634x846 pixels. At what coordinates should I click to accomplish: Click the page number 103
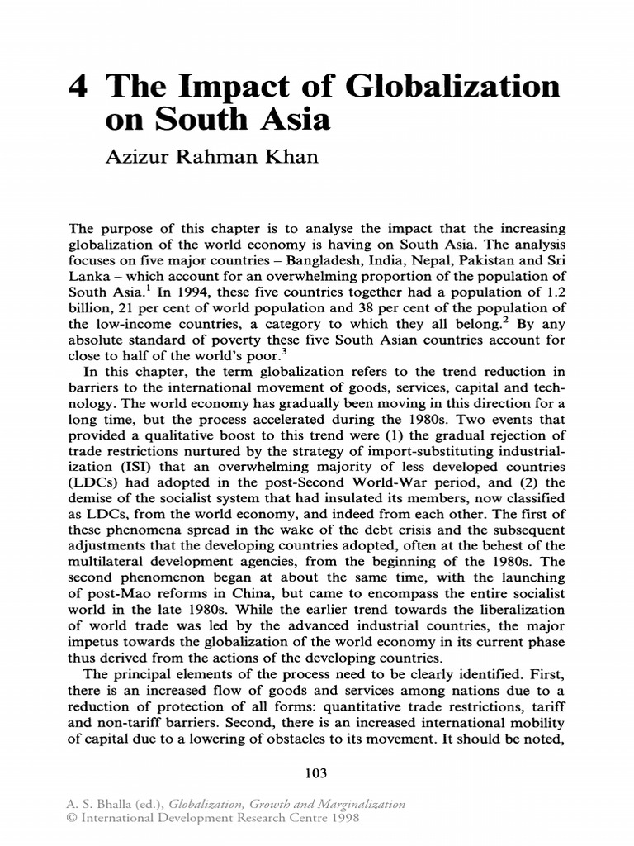coord(317,773)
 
